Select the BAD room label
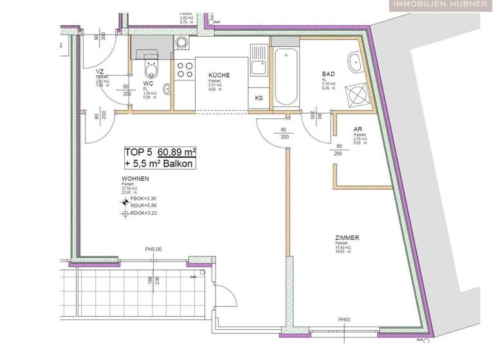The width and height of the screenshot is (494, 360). [329, 75]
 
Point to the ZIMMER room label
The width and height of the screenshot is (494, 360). [347, 237]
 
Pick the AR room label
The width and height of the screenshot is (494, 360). [357, 129]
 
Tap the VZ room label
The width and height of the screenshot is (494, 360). [100, 72]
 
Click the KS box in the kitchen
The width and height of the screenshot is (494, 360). [259, 98]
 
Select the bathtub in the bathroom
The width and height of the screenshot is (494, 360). [285, 75]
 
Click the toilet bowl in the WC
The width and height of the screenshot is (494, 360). [152, 69]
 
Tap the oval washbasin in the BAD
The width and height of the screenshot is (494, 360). [355, 62]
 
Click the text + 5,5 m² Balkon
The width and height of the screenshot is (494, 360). [160, 164]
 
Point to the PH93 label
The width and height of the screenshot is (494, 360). [345, 319]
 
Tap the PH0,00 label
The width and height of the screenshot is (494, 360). [153, 250]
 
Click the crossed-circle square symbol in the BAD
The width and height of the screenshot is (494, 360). [356, 95]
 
